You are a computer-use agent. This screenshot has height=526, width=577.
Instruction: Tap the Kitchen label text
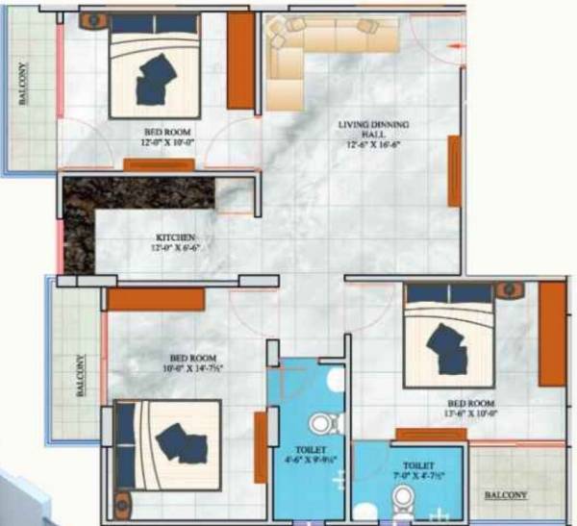tap(177, 238)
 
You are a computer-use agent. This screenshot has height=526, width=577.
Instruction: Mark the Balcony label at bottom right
tap(506, 495)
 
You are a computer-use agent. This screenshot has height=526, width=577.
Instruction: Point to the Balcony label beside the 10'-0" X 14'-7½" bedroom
tap(81, 376)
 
